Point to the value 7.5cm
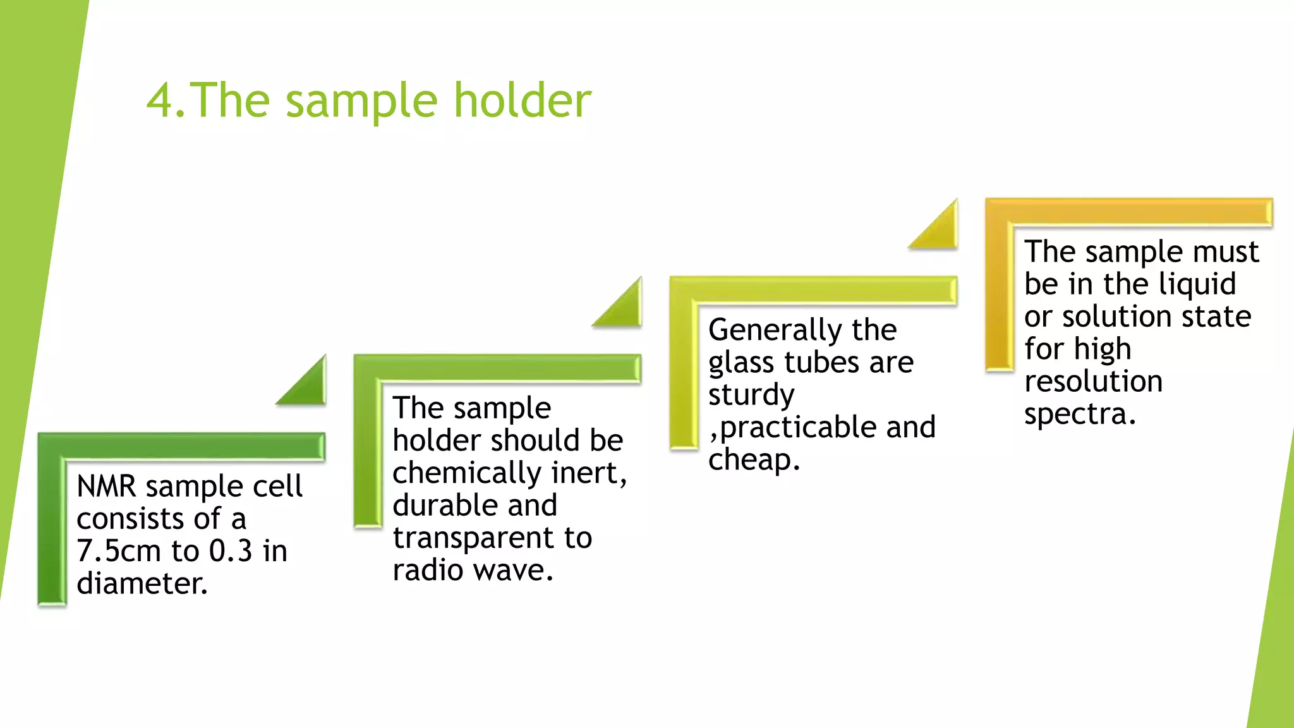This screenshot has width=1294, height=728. click(x=119, y=551)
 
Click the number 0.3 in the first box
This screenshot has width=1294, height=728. click(x=231, y=551)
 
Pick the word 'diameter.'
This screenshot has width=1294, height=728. click(x=142, y=583)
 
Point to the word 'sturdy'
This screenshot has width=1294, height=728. click(x=751, y=396)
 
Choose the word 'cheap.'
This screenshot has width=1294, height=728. click(x=754, y=459)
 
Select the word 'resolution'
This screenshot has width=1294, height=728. click(x=1093, y=381)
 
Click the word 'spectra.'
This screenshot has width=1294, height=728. click(x=1080, y=414)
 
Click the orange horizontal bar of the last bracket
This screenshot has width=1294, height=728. click(x=1137, y=212)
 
